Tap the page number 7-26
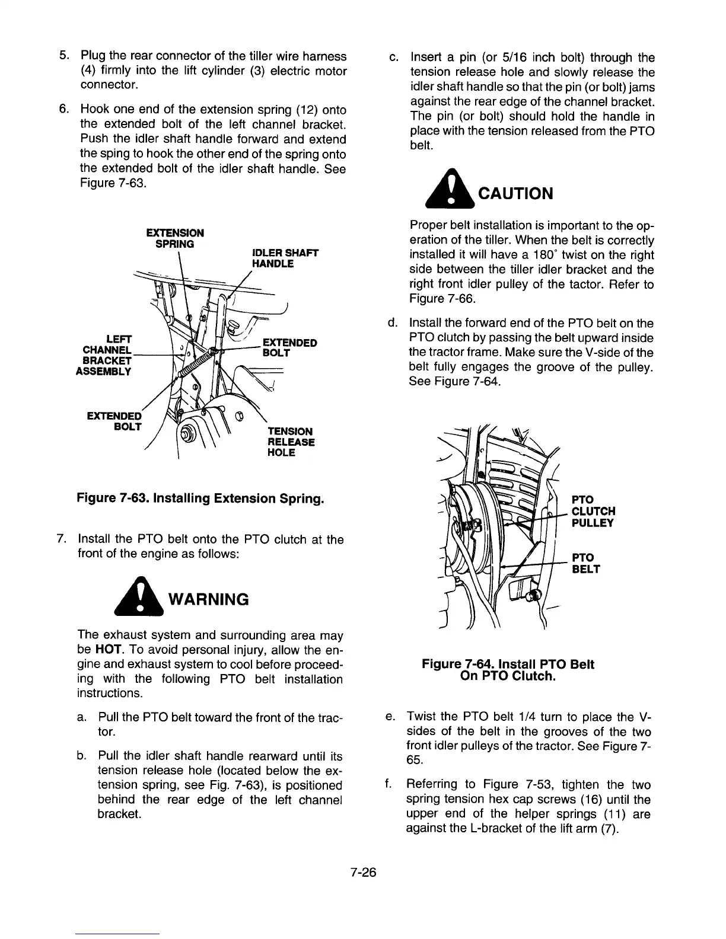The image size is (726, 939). pyautogui.click(x=363, y=873)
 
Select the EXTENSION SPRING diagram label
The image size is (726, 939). pyautogui.click(x=175, y=238)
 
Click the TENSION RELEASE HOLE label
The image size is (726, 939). pyautogui.click(x=291, y=442)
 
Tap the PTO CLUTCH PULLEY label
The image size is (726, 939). pyautogui.click(x=593, y=511)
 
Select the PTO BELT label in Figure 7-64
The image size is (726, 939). pyautogui.click(x=585, y=563)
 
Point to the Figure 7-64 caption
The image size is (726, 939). pyautogui.click(x=508, y=670)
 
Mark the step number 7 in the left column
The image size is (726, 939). pyautogui.click(x=60, y=539)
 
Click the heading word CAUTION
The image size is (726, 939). pyautogui.click(x=515, y=194)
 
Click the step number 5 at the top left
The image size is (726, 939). pyautogui.click(x=62, y=56)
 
